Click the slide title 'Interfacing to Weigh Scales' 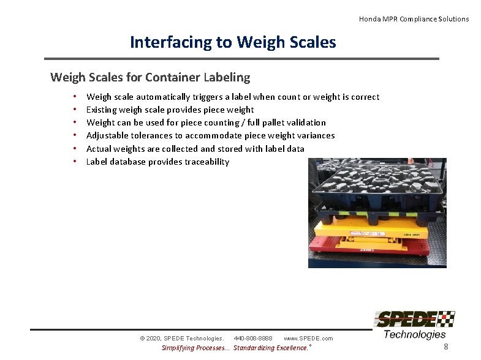click(233, 42)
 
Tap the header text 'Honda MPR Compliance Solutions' click(414, 19)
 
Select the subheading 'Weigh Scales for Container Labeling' click(150, 77)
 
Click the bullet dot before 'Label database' click(74, 162)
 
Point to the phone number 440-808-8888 click(253, 338)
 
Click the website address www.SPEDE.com click(308, 338)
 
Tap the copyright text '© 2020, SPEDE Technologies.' click(181, 338)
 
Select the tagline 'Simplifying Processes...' click(195, 348)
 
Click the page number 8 click(446, 347)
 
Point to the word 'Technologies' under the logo click(415, 334)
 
